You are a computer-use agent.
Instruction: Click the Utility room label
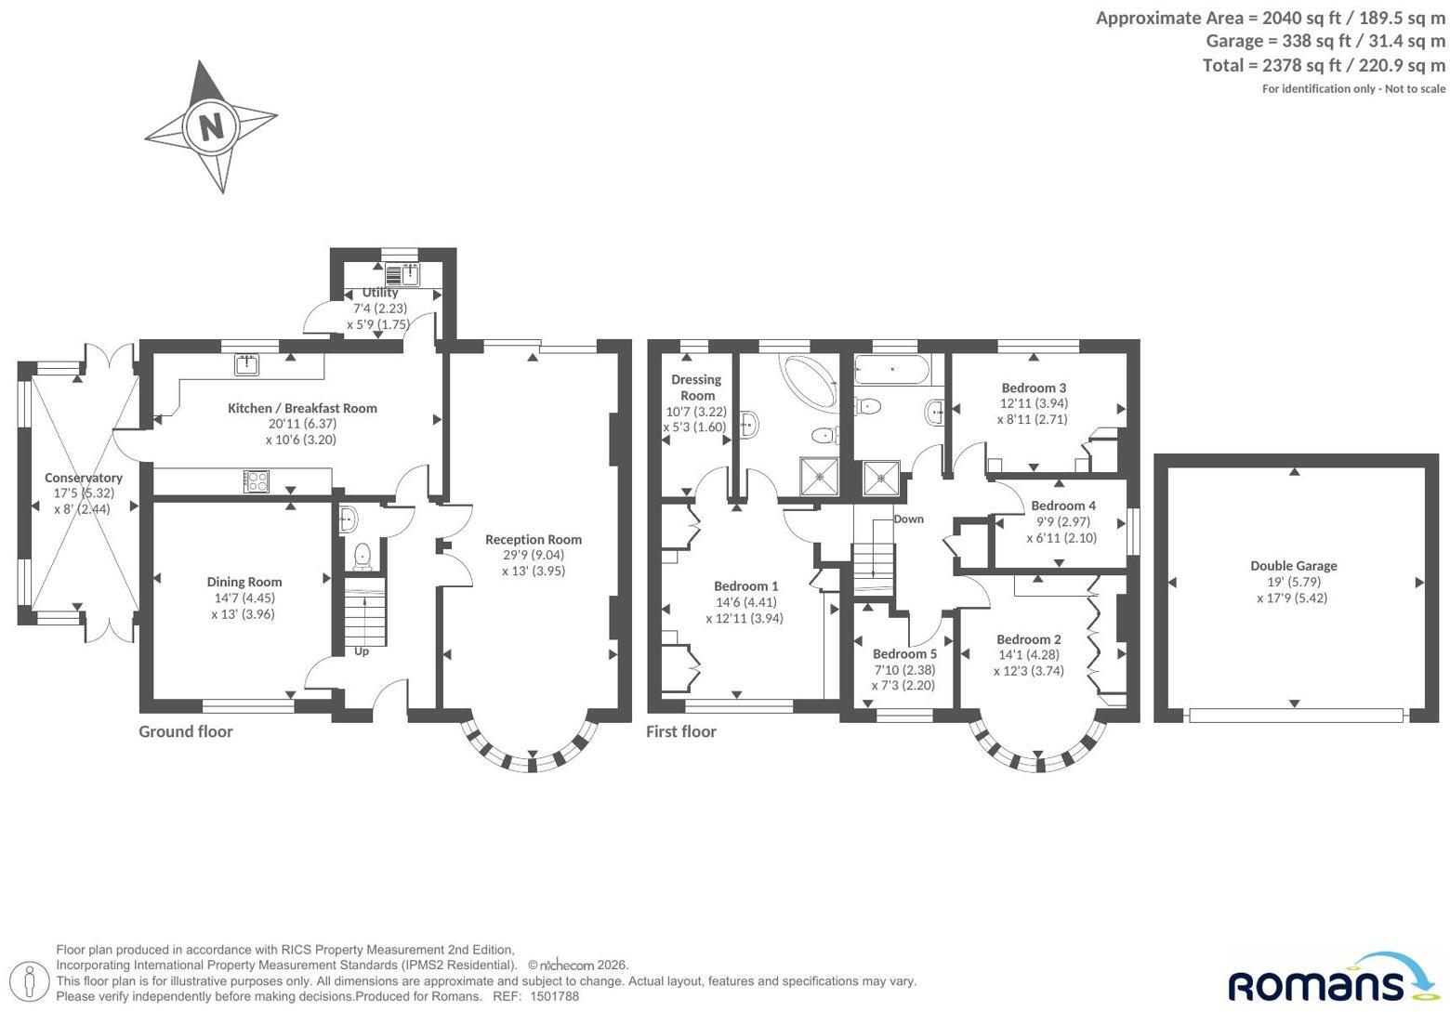click(x=380, y=293)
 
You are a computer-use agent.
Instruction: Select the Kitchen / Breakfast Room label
click(x=302, y=408)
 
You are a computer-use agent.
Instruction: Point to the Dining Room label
click(x=244, y=583)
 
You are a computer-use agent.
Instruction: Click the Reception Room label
click(x=534, y=540)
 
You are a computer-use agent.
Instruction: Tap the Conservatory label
click(x=84, y=478)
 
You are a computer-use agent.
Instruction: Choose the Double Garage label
click(x=1293, y=566)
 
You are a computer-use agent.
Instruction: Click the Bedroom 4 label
click(x=1063, y=506)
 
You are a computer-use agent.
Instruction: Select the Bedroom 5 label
click(x=904, y=654)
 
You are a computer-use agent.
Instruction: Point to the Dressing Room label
click(x=696, y=388)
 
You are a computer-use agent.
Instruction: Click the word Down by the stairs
click(x=909, y=519)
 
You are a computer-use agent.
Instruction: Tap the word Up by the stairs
click(x=362, y=651)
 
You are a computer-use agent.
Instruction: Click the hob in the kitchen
click(x=257, y=481)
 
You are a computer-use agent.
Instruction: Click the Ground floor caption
click(x=186, y=732)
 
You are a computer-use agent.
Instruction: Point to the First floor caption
click(x=681, y=732)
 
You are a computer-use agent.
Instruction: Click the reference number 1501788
click(x=555, y=996)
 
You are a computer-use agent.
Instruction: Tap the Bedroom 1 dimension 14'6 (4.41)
click(x=745, y=602)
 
